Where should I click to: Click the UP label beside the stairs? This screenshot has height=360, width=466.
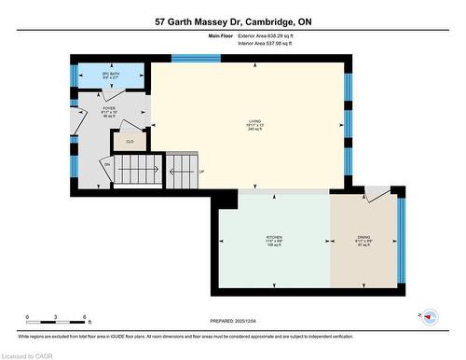(x=202, y=172)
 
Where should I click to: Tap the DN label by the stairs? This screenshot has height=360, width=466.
(x=107, y=165)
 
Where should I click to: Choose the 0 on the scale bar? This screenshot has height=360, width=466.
(x=28, y=318)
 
